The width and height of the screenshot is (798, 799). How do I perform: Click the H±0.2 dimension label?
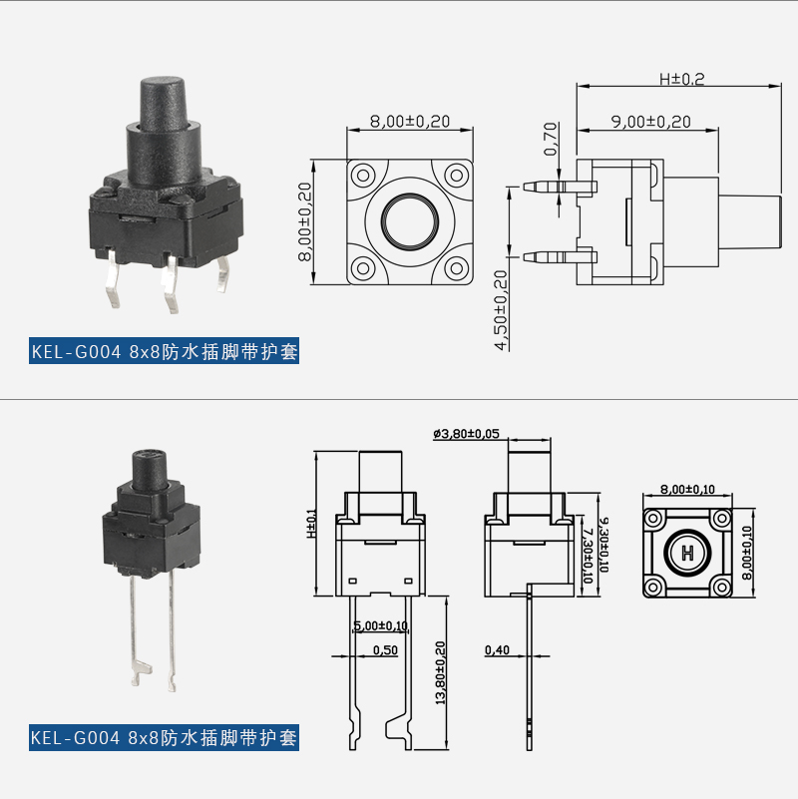coord(681,79)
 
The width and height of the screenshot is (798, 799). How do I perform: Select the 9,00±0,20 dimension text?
coord(651,121)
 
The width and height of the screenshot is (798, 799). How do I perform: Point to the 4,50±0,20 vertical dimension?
coord(502,310)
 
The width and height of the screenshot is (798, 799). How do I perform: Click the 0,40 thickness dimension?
coord(497,650)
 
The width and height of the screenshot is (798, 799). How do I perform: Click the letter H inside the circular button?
coord(687,553)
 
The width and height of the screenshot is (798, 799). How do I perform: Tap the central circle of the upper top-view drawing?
coord(410,220)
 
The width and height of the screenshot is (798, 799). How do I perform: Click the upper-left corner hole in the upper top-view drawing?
coord(363,175)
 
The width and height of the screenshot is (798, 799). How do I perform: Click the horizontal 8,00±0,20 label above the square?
coord(410,121)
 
